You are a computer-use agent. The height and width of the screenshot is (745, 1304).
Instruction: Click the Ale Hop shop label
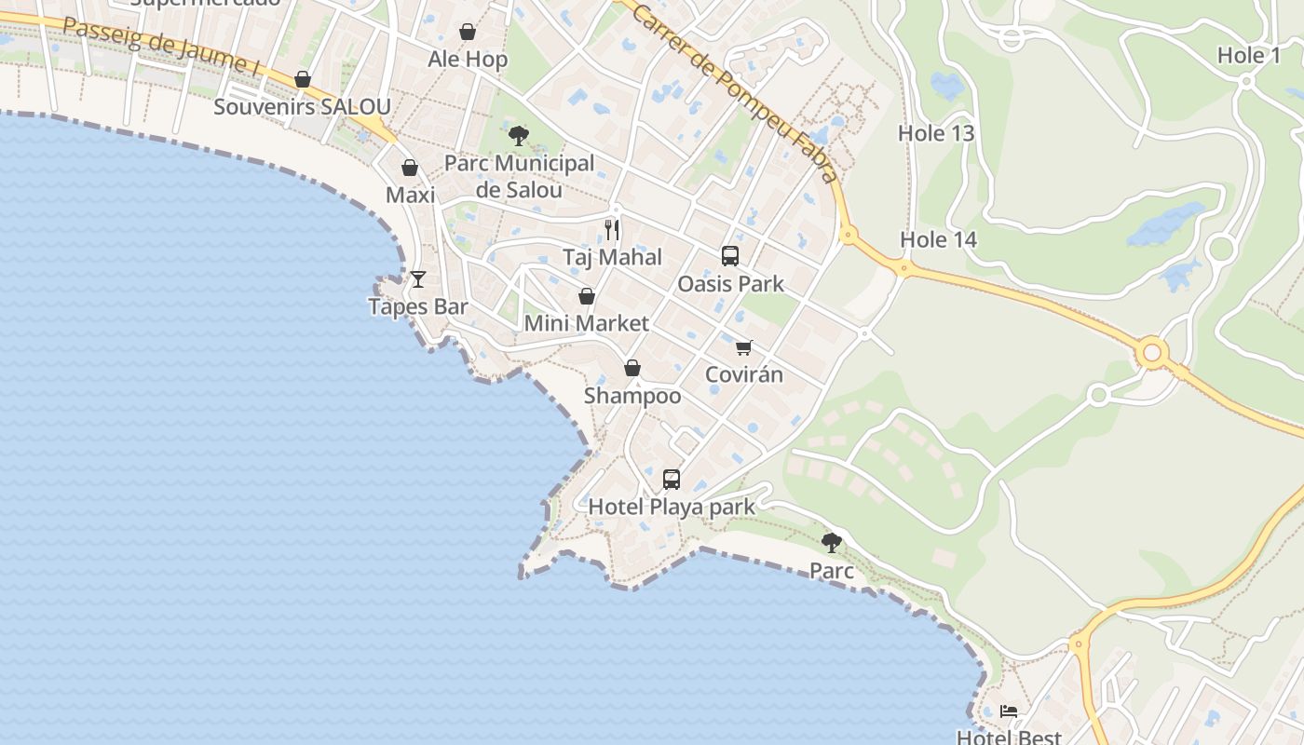[468, 60]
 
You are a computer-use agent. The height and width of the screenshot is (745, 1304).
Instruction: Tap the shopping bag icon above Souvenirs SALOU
[302, 80]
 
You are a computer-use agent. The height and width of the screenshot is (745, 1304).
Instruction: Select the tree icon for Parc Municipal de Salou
[519, 136]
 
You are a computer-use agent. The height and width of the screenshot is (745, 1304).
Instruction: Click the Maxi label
[410, 196]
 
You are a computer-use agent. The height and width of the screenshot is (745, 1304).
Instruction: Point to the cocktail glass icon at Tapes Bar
[418, 278]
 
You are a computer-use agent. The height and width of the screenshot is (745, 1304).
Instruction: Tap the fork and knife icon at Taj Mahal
[612, 229]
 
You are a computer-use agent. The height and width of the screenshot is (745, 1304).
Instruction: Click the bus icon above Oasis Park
[730, 255]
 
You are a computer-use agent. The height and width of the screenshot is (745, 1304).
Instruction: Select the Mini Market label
[586, 323]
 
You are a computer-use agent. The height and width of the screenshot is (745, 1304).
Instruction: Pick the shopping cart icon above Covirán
[743, 347]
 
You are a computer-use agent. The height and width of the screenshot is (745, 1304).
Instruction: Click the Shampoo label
[632, 396]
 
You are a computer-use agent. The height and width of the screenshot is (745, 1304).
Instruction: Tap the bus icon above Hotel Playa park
[672, 480]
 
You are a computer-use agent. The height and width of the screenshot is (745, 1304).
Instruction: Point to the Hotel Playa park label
[672, 508]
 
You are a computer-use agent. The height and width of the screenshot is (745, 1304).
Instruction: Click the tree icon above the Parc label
[832, 542]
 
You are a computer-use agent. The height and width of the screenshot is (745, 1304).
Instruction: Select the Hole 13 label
[936, 133]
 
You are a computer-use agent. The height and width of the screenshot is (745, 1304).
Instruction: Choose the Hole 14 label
[938, 240]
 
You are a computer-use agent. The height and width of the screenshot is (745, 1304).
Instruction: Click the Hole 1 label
[1249, 56]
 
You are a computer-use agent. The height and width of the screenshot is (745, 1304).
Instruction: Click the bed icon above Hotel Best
[1009, 712]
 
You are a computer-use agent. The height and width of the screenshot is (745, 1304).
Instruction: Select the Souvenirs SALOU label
[302, 106]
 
